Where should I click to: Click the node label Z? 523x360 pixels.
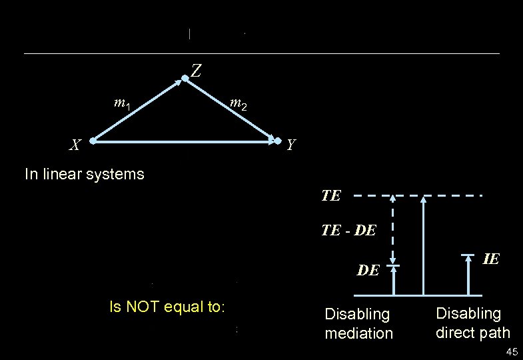point(197,69)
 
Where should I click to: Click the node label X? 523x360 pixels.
point(77,145)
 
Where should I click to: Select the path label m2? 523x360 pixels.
point(238,103)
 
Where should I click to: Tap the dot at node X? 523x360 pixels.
point(94,141)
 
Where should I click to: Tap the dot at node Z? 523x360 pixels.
point(185,79)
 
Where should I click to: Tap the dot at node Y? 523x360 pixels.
point(278,141)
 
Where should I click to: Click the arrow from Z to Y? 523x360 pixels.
point(232,111)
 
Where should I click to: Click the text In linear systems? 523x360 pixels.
point(84,175)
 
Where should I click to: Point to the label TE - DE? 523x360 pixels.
point(348,230)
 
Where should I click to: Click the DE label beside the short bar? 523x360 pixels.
point(368,270)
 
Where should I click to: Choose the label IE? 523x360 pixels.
point(490,259)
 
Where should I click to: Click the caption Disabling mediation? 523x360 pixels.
point(358,323)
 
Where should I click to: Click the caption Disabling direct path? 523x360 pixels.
point(472,323)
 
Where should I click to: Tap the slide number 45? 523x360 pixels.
point(512,352)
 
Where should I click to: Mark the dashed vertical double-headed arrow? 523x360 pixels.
point(393,231)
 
